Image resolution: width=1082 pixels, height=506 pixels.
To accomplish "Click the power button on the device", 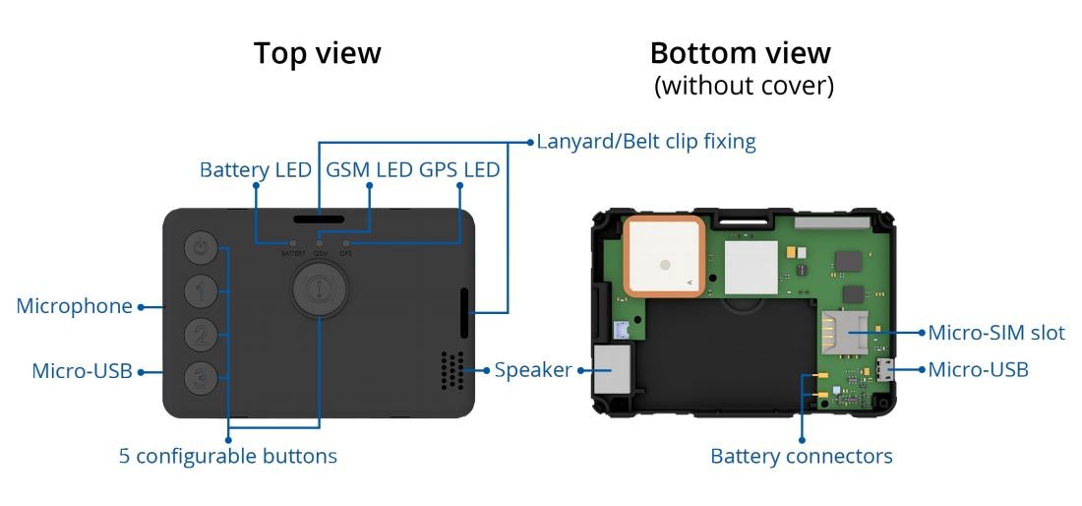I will pos(201,249).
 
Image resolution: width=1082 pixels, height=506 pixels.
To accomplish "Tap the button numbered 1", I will pos(201,291).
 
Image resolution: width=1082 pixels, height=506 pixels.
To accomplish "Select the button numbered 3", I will pos(201,376).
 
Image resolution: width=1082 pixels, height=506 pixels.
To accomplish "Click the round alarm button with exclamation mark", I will pos(319,289).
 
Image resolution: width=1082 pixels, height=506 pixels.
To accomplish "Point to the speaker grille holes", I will pos(451,370).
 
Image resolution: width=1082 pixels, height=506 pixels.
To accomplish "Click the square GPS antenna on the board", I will pos(663,256).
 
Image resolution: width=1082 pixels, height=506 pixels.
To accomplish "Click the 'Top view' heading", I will pos(317,53).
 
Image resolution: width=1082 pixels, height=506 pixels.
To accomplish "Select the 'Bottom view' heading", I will pos(740,53).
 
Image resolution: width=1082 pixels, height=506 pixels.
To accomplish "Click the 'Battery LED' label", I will pos(255,170).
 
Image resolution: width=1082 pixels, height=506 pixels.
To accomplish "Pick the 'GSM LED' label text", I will pos(369,170).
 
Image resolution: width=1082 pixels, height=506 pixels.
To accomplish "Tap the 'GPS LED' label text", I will pos(459,170).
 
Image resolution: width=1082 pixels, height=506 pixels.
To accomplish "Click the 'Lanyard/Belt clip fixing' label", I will pos(646,142).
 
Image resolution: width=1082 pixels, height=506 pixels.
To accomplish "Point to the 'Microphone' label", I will pos(74,306).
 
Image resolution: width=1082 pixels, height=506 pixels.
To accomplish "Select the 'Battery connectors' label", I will pos(801,456).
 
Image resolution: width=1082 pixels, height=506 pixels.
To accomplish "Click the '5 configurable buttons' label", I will pos(228,456).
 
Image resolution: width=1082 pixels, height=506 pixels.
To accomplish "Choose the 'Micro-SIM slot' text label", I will pos(996,333).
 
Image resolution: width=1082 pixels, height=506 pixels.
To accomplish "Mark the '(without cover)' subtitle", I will pos(744,87).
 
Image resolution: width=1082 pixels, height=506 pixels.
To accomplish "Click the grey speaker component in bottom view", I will pos(613,368).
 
